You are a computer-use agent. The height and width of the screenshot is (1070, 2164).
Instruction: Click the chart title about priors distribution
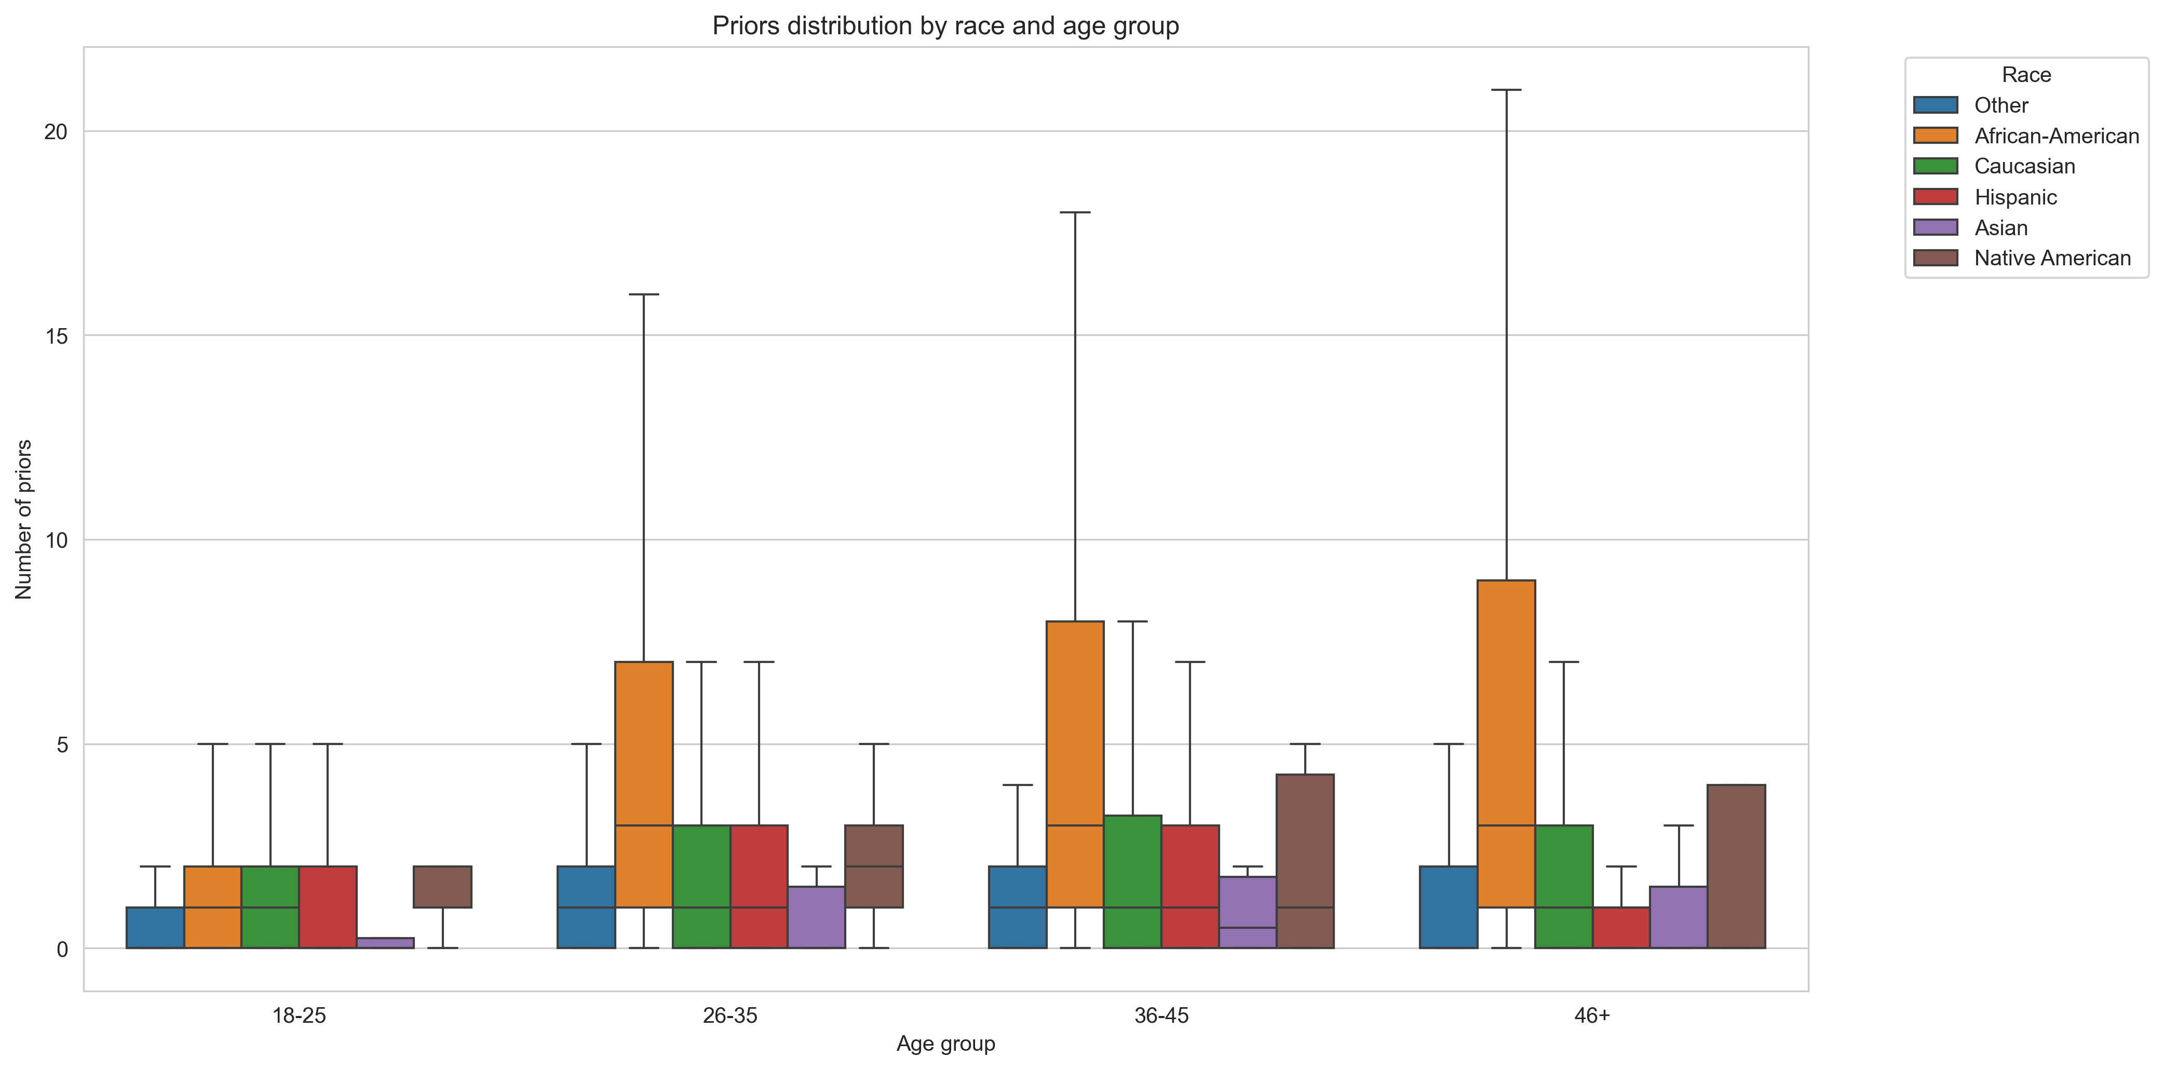tap(945, 26)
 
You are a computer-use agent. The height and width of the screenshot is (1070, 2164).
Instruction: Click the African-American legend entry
tap(2055, 136)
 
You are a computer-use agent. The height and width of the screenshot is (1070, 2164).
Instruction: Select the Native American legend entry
tap(2051, 258)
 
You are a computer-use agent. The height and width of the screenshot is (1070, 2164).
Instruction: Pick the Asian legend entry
tap(2000, 227)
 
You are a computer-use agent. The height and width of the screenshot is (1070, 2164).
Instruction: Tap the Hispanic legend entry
tap(2014, 197)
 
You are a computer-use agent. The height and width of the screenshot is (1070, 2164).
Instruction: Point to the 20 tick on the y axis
tap(56, 132)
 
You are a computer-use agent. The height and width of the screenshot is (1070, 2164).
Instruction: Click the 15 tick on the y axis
tap(56, 336)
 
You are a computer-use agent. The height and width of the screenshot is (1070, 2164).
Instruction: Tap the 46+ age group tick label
tap(1592, 1015)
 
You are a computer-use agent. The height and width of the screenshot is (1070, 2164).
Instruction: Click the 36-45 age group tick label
tap(1161, 1015)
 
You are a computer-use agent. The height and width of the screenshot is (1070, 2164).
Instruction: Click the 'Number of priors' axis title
tap(23, 519)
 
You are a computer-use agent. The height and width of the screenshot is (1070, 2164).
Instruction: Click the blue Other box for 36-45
tap(1017, 907)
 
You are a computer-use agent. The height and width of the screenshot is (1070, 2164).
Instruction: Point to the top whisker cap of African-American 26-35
tap(643, 295)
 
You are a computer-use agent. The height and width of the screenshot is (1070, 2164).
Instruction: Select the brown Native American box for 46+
tap(1736, 866)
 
